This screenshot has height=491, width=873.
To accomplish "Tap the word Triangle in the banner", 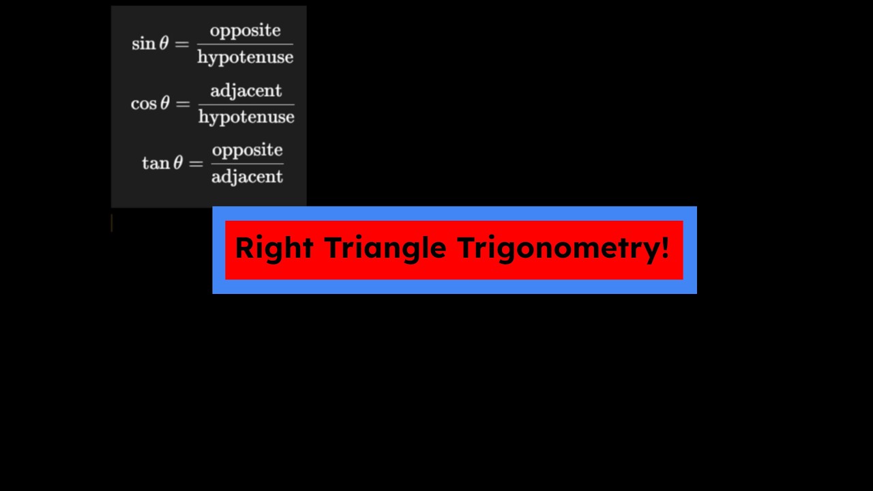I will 385,248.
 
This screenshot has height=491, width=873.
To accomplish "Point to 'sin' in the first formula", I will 143,44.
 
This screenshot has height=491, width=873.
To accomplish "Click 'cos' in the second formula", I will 143,104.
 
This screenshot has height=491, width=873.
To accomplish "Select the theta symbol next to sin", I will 164,44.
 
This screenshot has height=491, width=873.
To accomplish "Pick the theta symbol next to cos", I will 164,104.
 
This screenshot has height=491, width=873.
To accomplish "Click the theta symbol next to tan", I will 177,164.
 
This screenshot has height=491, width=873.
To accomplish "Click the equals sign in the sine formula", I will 181,44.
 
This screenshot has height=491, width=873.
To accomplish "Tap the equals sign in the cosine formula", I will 182,104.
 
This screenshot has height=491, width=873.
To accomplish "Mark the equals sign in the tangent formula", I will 196,164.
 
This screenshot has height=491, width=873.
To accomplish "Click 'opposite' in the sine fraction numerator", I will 245,31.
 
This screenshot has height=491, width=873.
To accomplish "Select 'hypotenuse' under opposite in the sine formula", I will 245,57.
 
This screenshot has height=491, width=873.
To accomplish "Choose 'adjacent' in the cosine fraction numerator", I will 246,91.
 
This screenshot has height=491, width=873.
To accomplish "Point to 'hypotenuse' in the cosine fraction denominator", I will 246,117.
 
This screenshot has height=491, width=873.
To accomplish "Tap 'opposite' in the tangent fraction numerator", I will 247,151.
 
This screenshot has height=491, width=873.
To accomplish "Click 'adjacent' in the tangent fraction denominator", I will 247,177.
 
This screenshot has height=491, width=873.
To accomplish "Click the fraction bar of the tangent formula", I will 247,164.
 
